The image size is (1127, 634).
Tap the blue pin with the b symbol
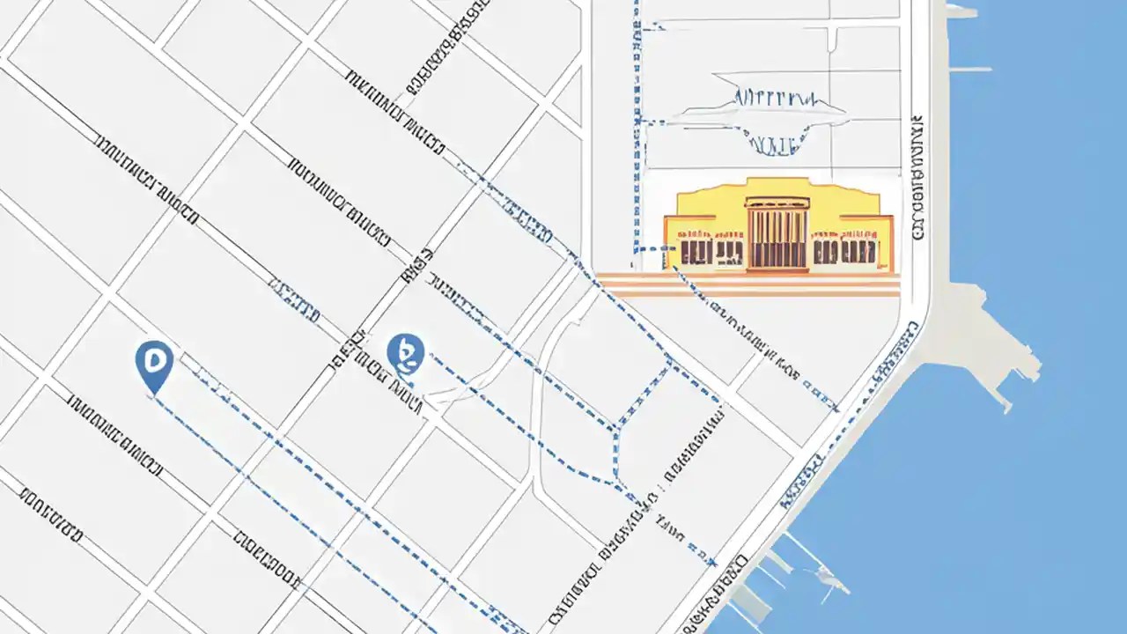pyautogui.click(x=405, y=353)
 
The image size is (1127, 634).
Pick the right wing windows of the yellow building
pyautogui.click(x=844, y=251)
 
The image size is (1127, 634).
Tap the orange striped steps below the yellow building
pyautogui.click(x=748, y=284)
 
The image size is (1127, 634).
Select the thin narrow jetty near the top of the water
pyautogui.click(x=969, y=68)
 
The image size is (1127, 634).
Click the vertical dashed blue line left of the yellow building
pyautogui.click(x=636, y=132)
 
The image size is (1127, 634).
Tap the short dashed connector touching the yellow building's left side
pyautogui.click(x=653, y=249)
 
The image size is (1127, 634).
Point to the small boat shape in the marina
pyautogui.click(x=829, y=577)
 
